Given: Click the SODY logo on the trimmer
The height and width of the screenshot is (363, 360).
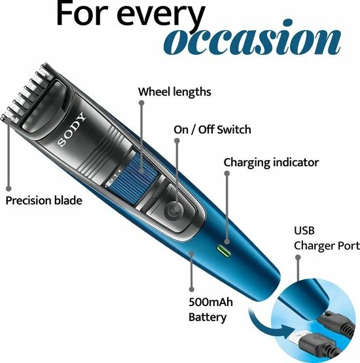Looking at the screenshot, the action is pyautogui.click(x=71, y=130).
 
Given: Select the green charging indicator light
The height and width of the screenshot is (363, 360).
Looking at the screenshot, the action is pyautogui.click(x=224, y=252).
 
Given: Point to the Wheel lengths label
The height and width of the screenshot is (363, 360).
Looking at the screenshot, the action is pyautogui.click(x=175, y=92).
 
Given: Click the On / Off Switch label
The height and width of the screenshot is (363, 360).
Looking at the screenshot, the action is pyautogui.click(x=212, y=130).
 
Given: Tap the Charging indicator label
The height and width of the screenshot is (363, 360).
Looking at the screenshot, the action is pyautogui.click(x=271, y=162).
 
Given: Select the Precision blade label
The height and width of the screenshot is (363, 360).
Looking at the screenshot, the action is pyautogui.click(x=44, y=201).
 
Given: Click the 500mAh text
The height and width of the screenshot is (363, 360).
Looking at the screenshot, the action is pyautogui.click(x=211, y=302).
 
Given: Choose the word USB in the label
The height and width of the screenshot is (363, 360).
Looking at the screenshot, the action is pyautogui.click(x=304, y=231).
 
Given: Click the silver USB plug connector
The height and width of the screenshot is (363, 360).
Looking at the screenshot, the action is pyautogui.click(x=295, y=337).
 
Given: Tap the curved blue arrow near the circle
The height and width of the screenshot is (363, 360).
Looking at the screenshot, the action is pyautogui.click(x=266, y=324).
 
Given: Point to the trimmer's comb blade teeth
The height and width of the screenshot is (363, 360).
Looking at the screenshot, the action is pyautogui.click(x=27, y=93).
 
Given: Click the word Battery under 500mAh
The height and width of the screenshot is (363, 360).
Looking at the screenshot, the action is pyautogui.click(x=207, y=317).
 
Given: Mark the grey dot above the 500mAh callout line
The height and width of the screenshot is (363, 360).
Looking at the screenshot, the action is pyautogui.click(x=191, y=253).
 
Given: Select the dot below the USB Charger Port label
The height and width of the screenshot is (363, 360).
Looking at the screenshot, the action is pyautogui.click(x=298, y=257).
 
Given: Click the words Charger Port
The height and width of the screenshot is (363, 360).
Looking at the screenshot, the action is pyautogui.click(x=327, y=246).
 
